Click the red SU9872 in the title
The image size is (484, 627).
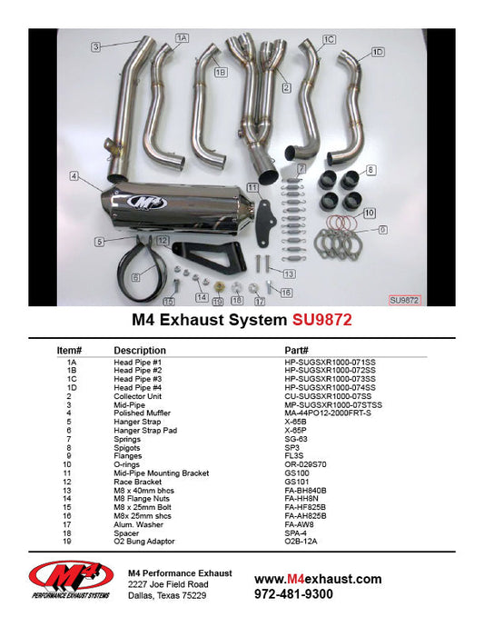(322, 321)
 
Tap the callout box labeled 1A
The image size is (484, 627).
(182, 38)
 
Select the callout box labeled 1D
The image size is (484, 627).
(378, 52)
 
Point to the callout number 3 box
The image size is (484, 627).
(94, 45)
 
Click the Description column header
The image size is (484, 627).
(140, 350)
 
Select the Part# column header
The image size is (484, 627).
(297, 350)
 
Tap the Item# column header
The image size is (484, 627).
(70, 350)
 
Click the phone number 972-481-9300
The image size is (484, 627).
(293, 594)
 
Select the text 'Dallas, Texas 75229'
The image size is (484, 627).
(166, 596)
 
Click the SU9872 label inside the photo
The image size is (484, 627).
(405, 298)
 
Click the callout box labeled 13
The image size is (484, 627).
(289, 274)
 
